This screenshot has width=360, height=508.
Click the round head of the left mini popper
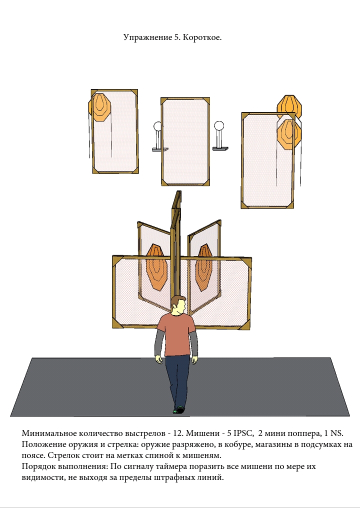coord(157,125)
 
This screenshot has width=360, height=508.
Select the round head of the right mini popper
coord(219,125)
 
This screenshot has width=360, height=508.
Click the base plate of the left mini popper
coord(160,149)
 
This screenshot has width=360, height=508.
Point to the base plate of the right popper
coord(220,148)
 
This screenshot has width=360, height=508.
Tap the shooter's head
coord(178,305)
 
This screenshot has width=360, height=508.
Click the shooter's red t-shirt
coord(177,334)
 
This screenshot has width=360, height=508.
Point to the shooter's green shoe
coord(175,411)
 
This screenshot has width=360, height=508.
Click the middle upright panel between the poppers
coord(185,141)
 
